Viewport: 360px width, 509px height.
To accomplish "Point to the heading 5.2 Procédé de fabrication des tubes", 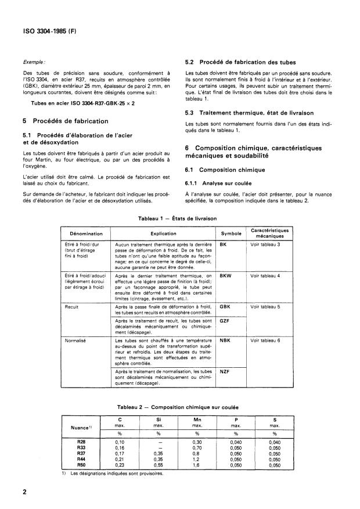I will [x=240, y=62].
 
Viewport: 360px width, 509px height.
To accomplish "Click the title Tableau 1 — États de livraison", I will [x=177, y=218].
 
